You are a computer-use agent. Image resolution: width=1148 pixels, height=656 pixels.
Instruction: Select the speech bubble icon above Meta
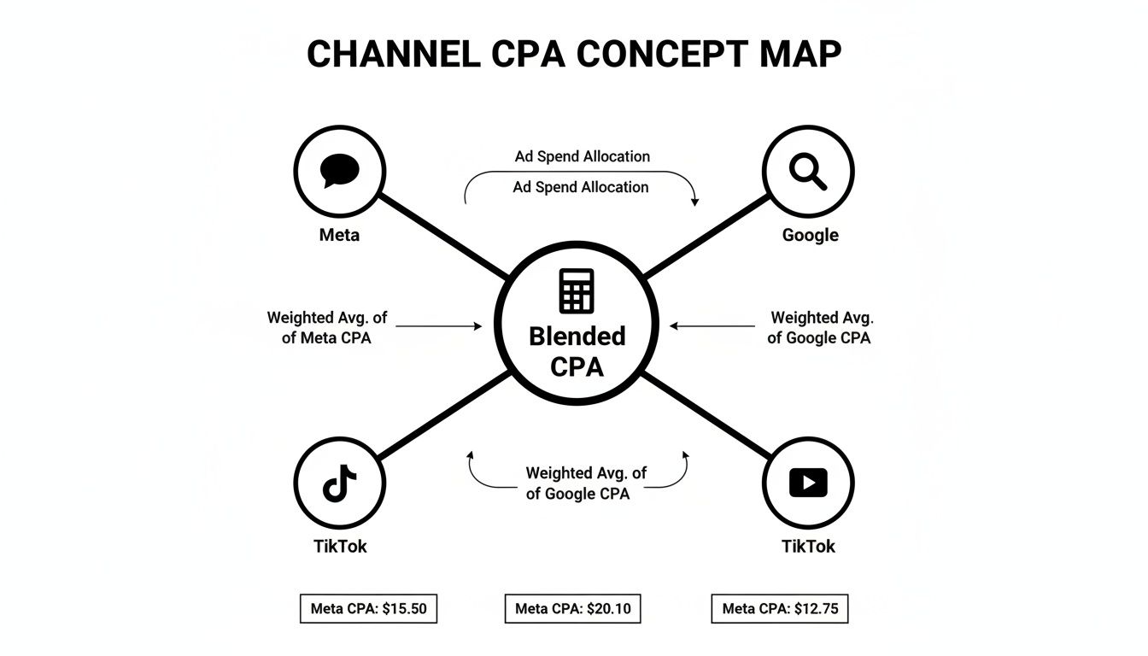click(x=339, y=171)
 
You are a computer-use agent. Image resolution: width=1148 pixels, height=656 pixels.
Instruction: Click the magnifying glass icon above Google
click(x=807, y=171)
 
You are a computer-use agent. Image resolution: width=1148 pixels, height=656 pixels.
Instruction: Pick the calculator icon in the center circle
click(x=576, y=290)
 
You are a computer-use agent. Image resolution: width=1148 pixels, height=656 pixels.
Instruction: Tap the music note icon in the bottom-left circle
click(x=339, y=484)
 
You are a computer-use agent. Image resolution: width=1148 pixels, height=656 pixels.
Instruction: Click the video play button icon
click(x=807, y=483)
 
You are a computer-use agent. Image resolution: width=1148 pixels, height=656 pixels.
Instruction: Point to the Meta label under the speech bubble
click(x=339, y=235)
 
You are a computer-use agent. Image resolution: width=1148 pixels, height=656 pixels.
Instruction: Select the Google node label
click(x=810, y=235)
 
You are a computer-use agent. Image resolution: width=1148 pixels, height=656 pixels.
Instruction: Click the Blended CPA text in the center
click(x=577, y=351)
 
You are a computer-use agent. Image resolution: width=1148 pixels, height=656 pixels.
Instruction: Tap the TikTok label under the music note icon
click(x=340, y=547)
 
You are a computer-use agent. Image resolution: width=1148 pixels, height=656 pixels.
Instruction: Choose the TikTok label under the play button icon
click(x=808, y=547)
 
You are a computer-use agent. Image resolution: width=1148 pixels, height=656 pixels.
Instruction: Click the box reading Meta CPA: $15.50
click(x=368, y=609)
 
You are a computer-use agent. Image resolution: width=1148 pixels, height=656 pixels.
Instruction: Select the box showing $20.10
click(x=572, y=609)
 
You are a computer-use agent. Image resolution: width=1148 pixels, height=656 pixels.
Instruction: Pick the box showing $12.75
click(x=779, y=609)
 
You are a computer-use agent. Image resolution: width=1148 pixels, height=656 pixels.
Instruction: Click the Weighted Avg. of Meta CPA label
click(x=326, y=327)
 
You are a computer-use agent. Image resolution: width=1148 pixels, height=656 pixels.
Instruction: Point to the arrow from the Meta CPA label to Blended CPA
click(x=439, y=326)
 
